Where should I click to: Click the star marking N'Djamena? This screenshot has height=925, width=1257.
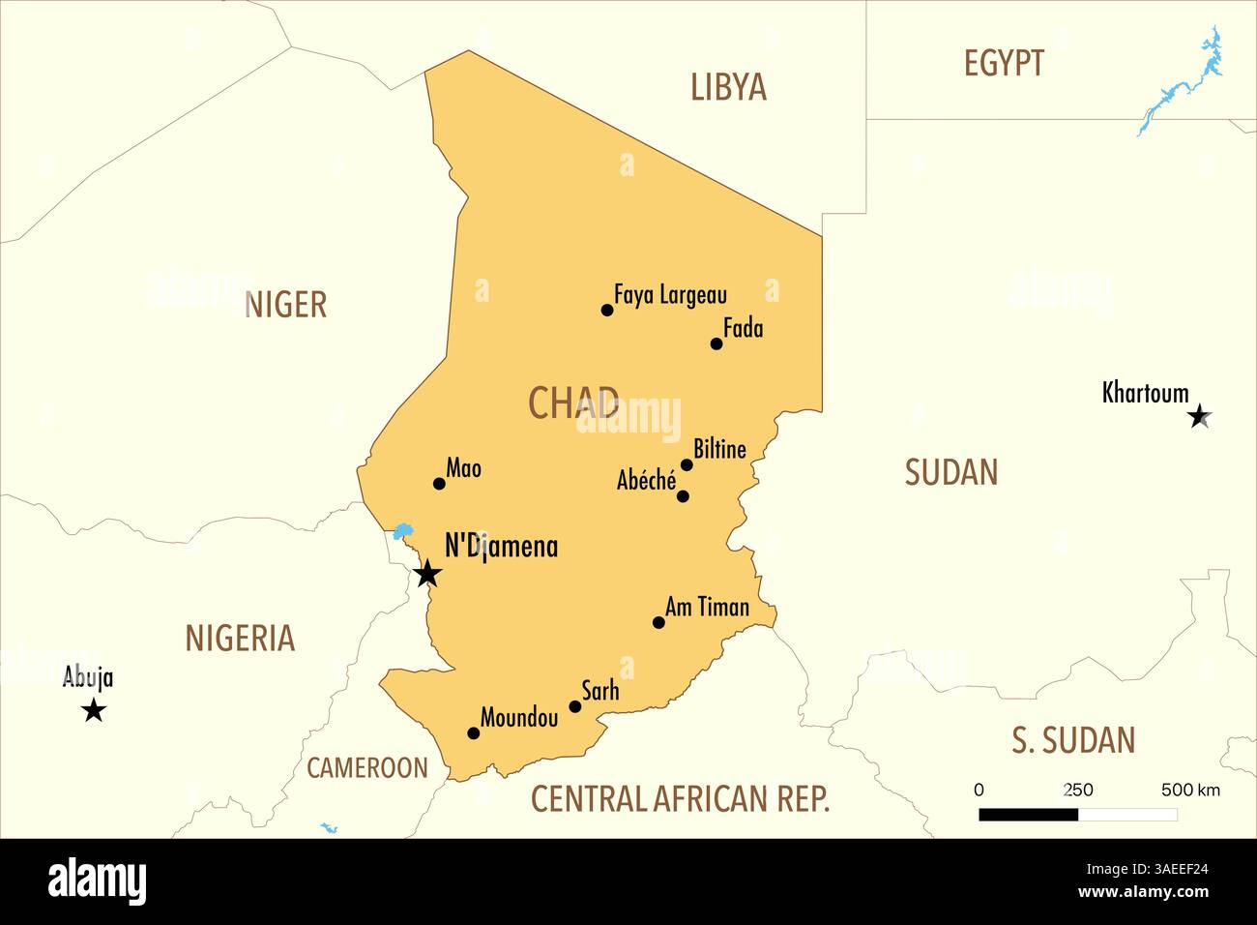tap(427, 574)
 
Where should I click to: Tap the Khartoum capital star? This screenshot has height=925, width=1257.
tap(1199, 416)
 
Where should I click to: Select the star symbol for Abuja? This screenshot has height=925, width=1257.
tap(94, 711)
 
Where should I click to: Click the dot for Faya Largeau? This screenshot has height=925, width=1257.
tap(607, 311)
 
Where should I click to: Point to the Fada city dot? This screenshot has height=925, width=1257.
tap(716, 343)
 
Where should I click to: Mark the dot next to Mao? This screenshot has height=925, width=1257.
tap(439, 484)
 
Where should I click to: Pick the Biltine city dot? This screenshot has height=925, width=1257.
tap(687, 464)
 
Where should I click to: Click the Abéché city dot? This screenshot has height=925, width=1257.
tap(683, 496)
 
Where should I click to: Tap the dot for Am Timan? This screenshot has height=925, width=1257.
tap(658, 622)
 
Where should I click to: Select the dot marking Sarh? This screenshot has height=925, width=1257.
tap(574, 706)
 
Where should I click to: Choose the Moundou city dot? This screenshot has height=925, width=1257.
tap(473, 733)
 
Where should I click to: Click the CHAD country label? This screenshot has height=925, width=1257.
tap(573, 403)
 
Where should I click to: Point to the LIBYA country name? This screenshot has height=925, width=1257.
tap(728, 87)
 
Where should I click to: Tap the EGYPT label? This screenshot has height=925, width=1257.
tap(1004, 64)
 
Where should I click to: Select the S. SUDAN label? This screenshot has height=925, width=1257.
tap(1073, 740)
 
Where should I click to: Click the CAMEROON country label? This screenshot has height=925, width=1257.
tap(366, 768)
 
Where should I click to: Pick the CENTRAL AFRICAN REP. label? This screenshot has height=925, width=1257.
tap(680, 799)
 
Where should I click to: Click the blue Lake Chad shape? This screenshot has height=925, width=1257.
tap(403, 531)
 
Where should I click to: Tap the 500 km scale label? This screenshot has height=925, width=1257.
tap(1189, 790)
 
